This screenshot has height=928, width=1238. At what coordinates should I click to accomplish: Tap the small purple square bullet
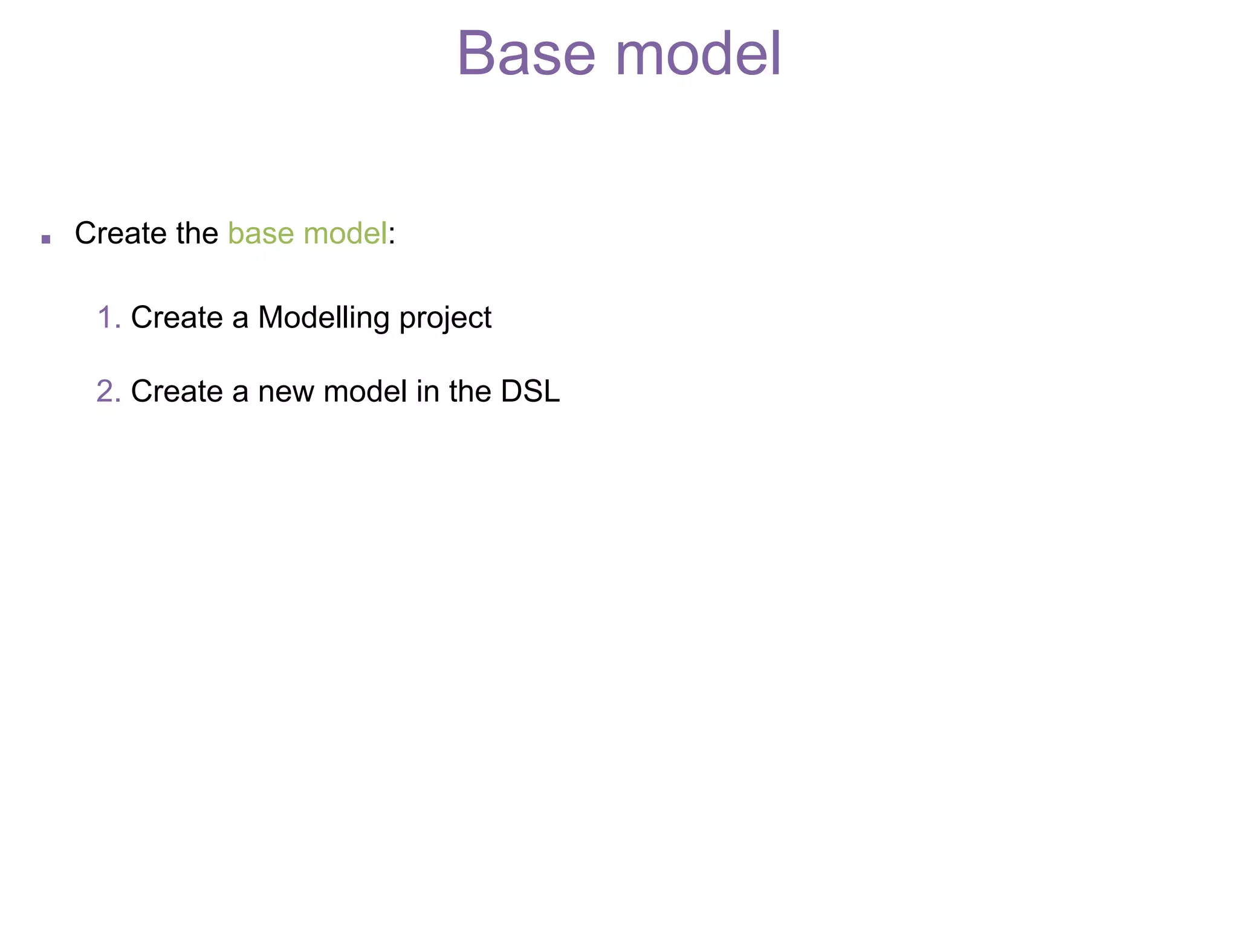point(46,239)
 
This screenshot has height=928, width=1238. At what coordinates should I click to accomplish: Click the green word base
point(261,233)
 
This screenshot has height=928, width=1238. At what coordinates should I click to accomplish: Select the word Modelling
point(323,318)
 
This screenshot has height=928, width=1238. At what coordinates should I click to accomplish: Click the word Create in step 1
point(177,318)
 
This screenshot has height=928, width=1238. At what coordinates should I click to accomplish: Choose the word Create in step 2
point(177,391)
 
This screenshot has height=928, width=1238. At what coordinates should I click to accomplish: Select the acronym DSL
point(530,391)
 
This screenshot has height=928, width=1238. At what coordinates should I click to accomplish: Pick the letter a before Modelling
point(240,320)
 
